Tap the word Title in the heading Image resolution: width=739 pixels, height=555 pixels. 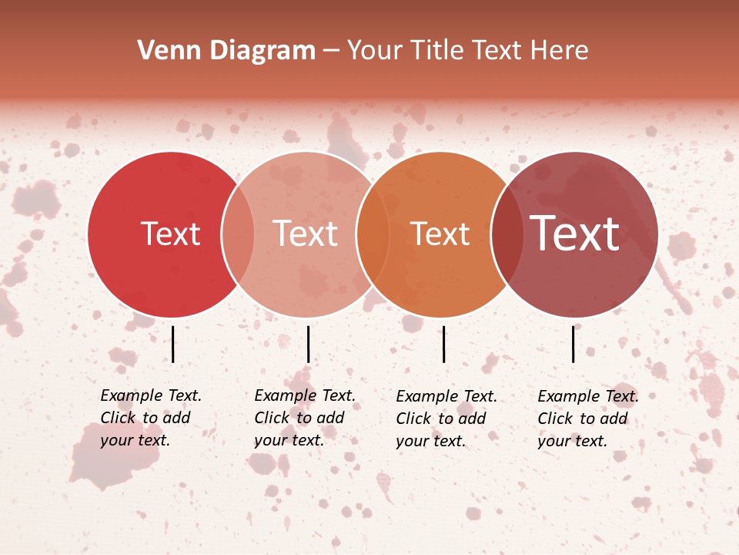coord(440,51)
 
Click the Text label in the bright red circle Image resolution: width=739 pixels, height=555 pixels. coord(170,234)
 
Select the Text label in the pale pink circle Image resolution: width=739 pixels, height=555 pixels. coord(306,234)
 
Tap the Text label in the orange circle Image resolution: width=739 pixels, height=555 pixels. coord(440,234)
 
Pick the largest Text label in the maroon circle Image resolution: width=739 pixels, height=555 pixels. coord(575,234)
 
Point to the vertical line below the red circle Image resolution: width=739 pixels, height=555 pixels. coord(173,344)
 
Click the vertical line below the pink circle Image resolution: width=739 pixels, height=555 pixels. coord(308,344)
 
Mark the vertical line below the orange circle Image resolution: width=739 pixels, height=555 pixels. coord(444,344)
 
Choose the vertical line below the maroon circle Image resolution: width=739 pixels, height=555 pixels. coord(573,344)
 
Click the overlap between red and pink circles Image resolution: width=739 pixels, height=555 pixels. coord(238,234)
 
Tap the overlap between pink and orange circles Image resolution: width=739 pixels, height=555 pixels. coord(373,234)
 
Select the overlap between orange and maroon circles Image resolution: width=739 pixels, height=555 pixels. coord(507,234)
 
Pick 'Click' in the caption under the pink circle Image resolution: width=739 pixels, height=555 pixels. coord(271,418)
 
